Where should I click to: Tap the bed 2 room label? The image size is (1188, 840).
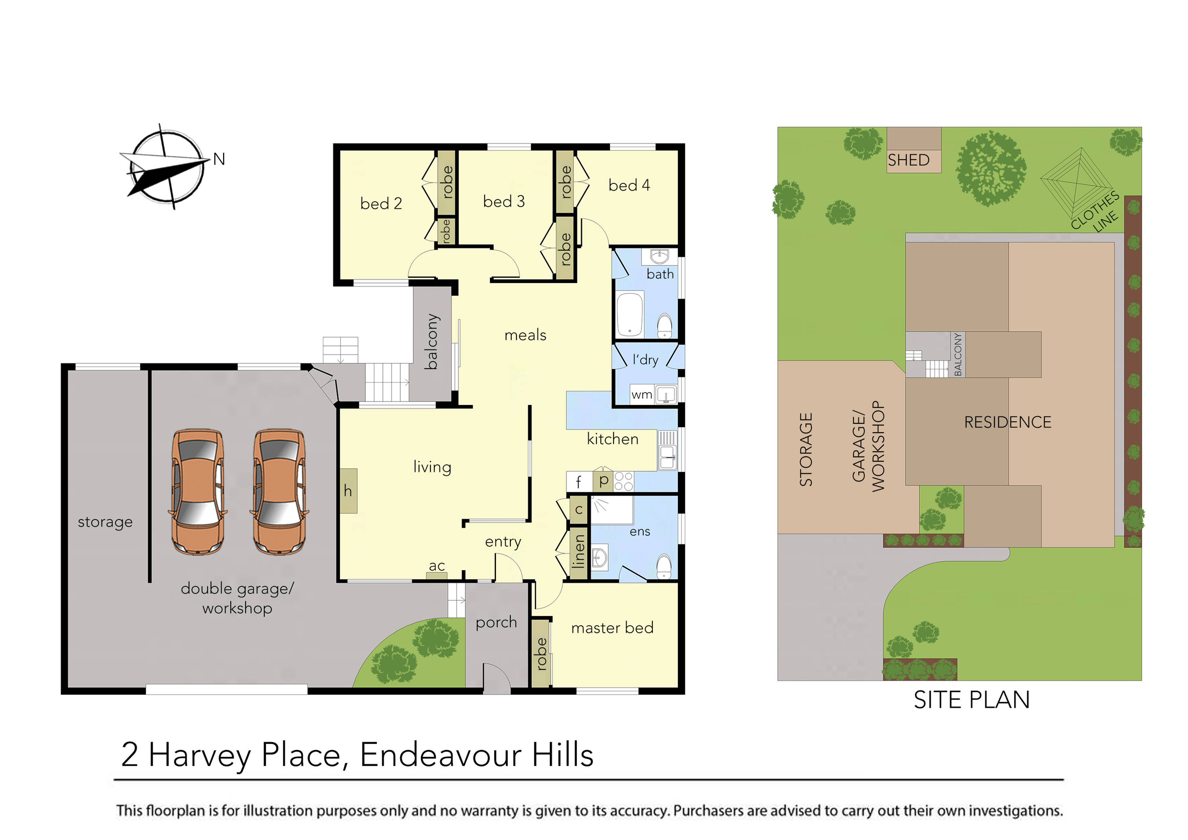point(381,204)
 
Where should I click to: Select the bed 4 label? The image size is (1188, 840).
point(629,185)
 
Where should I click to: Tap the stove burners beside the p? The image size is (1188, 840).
point(623,481)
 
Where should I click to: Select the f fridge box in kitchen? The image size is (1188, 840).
point(578,482)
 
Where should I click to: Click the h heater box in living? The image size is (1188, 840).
point(348,491)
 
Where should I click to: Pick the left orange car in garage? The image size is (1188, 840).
point(198,492)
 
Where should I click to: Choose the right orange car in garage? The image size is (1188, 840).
point(279,492)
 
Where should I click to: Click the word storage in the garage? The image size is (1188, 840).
point(105,522)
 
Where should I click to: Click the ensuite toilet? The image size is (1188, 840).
point(664,566)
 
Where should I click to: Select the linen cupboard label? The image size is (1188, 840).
point(578,551)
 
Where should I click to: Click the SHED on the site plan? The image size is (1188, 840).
point(909,160)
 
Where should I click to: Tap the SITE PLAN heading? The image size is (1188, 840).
point(971,700)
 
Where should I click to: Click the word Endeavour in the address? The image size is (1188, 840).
point(440,755)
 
